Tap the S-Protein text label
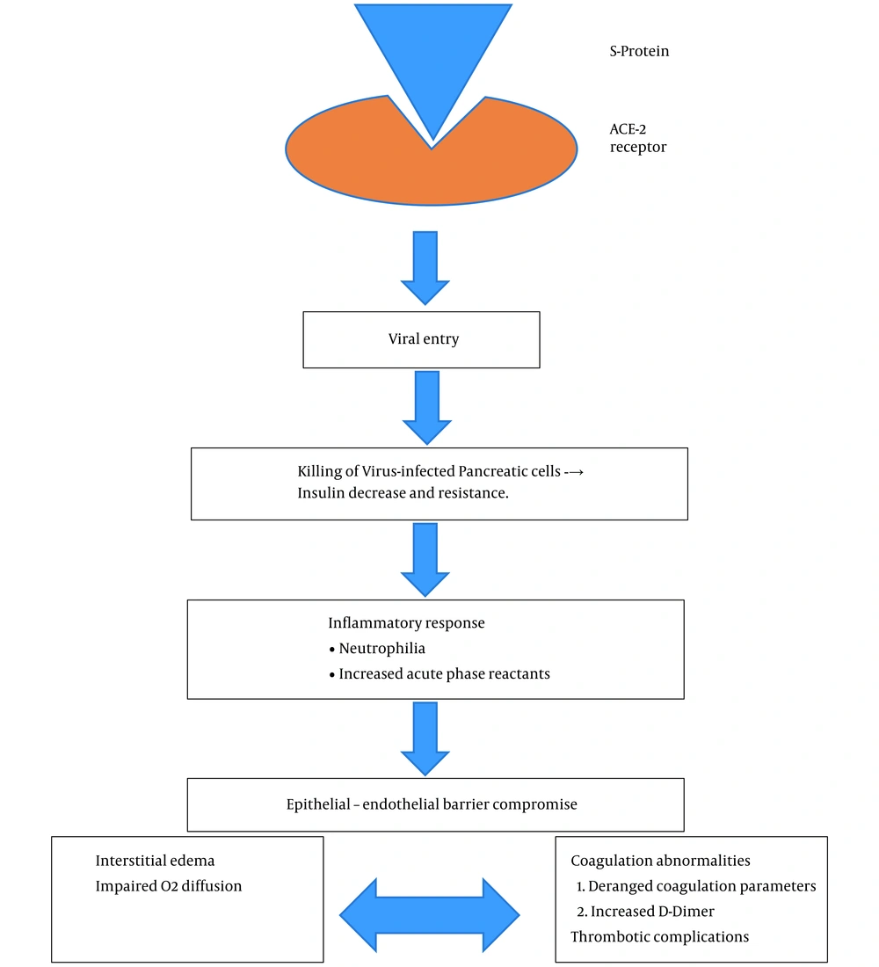(639, 51)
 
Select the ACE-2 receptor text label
(638, 138)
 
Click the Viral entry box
(421, 340)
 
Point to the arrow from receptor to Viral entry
(425, 267)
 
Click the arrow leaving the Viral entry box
(427, 408)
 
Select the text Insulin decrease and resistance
(403, 493)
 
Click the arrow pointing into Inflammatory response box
(425, 559)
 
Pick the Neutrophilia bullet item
(377, 649)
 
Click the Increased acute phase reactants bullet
(439, 674)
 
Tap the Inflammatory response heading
(406, 623)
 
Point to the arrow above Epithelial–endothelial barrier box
(425, 738)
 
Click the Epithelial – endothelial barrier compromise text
(432, 804)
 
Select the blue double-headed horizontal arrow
(429, 915)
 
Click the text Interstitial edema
(155, 861)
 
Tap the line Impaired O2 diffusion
(169, 886)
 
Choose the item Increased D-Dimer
(645, 912)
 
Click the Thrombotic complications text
(659, 937)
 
